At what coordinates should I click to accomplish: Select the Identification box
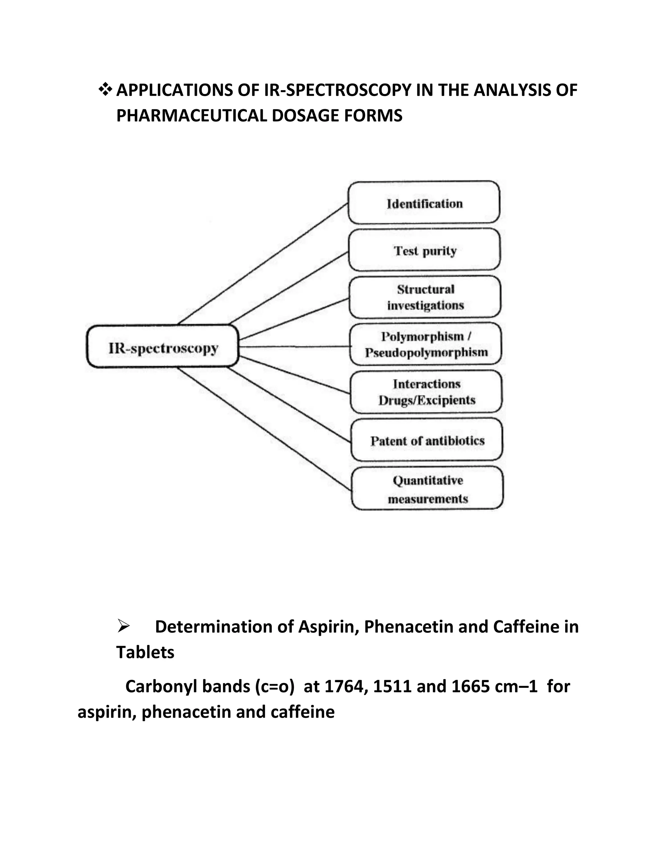424,202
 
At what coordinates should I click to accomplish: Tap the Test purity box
424,250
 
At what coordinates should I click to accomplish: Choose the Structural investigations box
425,297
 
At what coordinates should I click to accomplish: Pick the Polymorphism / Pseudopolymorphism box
426,344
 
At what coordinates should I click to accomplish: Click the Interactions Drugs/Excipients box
426,391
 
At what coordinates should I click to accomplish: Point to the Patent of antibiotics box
427,440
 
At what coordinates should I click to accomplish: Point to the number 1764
346,686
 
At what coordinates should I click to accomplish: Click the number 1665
470,686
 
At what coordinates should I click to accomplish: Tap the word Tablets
145,652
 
